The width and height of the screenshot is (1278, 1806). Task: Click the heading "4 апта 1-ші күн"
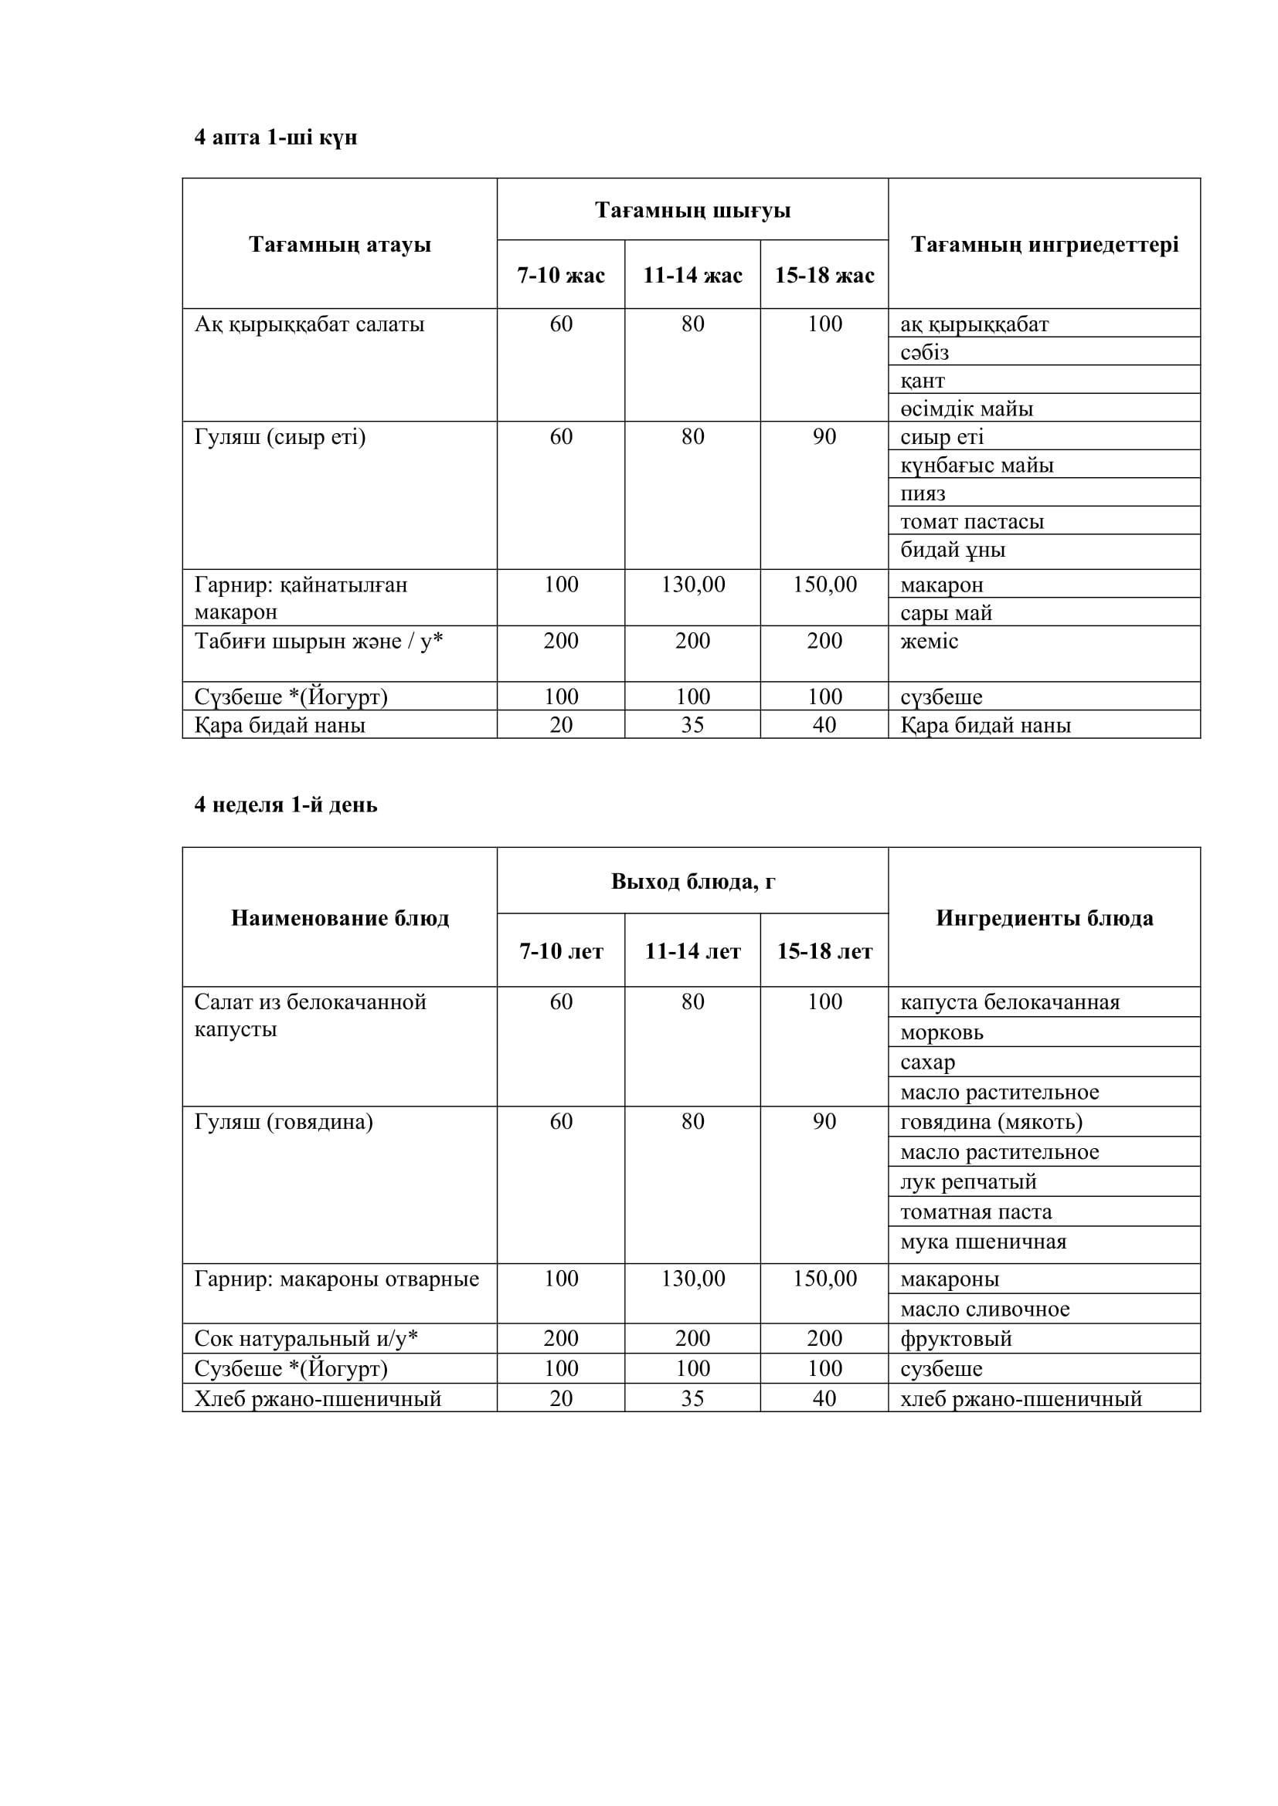tap(275, 137)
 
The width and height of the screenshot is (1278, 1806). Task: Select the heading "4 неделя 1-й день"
tap(286, 805)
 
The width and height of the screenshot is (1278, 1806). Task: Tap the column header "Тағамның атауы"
tap(340, 245)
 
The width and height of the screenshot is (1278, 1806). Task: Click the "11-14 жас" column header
tap(692, 276)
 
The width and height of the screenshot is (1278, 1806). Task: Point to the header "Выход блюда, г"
tap(692, 882)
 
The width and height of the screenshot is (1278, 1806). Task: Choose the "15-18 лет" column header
tap(824, 952)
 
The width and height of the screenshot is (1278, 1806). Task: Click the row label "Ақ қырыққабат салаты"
tap(309, 324)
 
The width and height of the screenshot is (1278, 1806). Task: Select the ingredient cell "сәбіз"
tap(925, 352)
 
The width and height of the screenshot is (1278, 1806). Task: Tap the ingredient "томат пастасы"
tap(972, 521)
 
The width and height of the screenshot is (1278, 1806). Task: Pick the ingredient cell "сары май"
tap(946, 613)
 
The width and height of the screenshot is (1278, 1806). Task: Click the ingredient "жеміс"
tap(929, 641)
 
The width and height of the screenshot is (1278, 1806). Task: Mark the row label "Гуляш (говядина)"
tap(284, 1122)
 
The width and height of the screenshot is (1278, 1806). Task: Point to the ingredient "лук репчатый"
tap(968, 1181)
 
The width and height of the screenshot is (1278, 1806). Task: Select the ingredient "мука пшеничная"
tap(983, 1242)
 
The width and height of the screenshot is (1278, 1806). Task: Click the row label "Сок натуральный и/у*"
tap(305, 1339)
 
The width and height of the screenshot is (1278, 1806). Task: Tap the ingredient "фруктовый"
tap(955, 1339)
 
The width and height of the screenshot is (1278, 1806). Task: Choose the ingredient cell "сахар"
tap(927, 1062)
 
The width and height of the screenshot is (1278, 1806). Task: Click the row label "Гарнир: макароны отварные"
tap(336, 1279)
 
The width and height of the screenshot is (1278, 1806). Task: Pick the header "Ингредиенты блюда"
tap(1045, 918)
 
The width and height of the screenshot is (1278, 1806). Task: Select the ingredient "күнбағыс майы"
tap(977, 465)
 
